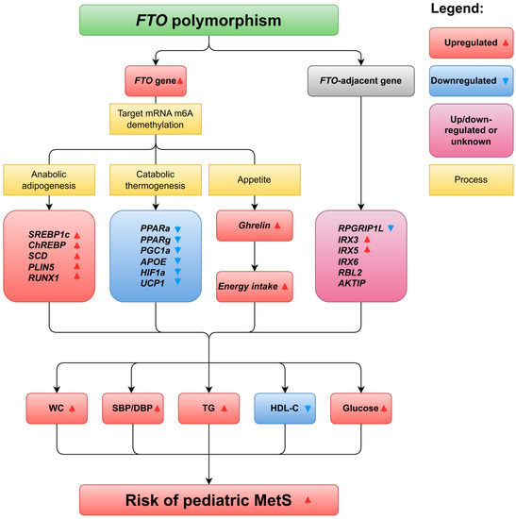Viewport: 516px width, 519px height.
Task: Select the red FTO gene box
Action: (x=157, y=81)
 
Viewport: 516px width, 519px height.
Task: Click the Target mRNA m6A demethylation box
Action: (x=157, y=120)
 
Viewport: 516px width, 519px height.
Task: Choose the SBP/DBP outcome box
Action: (x=132, y=409)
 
